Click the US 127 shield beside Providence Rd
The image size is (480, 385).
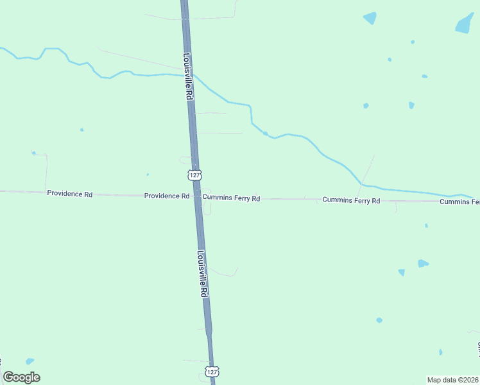(x=195, y=175)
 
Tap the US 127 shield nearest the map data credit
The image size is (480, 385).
(x=213, y=372)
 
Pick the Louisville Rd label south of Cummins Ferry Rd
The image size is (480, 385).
(x=203, y=273)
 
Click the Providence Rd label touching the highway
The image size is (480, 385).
(x=166, y=196)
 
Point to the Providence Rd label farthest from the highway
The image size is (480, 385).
(x=69, y=193)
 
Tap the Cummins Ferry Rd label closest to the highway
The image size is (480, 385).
(x=231, y=199)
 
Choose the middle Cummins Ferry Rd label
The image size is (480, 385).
(x=351, y=201)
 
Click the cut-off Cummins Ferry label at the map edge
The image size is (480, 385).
(x=459, y=202)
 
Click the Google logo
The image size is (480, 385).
(x=21, y=377)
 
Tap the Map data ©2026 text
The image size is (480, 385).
(x=452, y=379)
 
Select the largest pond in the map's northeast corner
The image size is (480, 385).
(x=465, y=23)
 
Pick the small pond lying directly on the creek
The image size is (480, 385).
(x=265, y=133)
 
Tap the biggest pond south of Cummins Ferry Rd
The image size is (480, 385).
(x=422, y=263)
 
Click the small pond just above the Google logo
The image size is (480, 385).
(x=30, y=361)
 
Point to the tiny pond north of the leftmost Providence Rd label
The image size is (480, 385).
(x=33, y=153)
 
